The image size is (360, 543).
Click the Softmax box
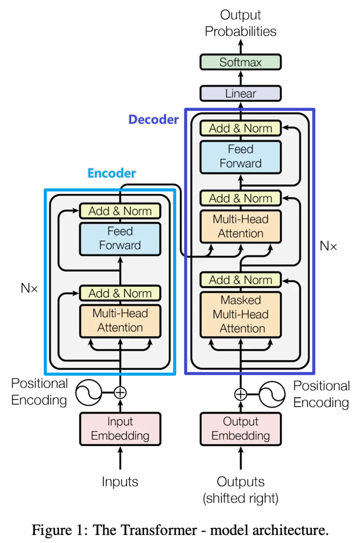[x=240, y=62]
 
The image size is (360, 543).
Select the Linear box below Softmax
[x=240, y=93]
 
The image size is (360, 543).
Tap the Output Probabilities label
[x=240, y=23]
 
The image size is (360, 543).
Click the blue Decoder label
[x=153, y=120]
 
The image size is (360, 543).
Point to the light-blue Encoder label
[x=112, y=173]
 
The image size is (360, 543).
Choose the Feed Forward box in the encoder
[x=120, y=238]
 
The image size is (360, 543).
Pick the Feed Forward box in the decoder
[x=240, y=156]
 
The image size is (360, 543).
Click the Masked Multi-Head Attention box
[x=240, y=314]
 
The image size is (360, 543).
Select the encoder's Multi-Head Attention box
[x=120, y=320]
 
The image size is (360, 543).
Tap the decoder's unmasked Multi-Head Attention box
[x=240, y=226]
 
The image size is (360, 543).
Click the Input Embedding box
[x=120, y=428]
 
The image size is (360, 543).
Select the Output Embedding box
[x=240, y=428]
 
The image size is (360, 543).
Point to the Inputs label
[x=120, y=482]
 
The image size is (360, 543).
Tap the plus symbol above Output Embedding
[x=240, y=394]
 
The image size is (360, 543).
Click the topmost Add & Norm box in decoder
[x=240, y=128]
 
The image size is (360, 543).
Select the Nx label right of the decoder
[x=328, y=246]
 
